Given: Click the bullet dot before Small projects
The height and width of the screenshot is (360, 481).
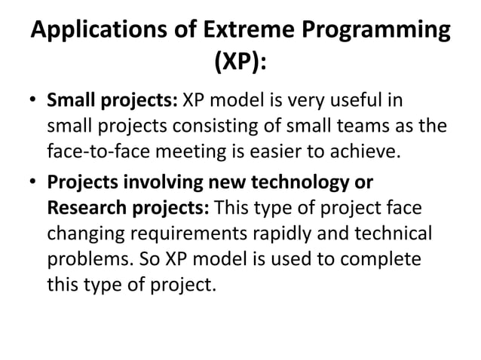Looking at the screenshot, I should pos(35,102).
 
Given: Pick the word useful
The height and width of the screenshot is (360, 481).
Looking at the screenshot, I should pos(369,100).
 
